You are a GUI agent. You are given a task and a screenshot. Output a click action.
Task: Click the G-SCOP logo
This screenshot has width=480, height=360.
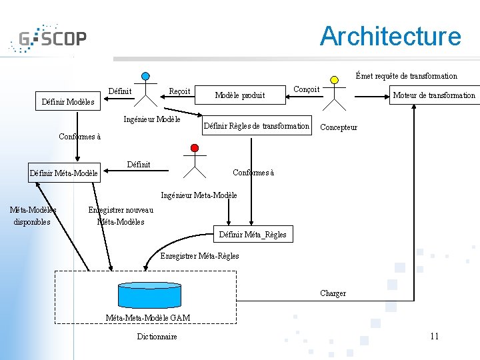[x=48, y=38]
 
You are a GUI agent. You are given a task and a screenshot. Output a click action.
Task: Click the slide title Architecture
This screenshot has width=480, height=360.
[x=390, y=36]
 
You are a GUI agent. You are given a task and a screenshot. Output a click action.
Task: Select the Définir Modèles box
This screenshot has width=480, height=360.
[x=68, y=101]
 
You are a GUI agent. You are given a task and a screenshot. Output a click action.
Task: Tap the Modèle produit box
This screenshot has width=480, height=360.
[x=240, y=95]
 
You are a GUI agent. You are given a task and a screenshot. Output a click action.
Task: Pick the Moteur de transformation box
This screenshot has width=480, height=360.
[x=435, y=95]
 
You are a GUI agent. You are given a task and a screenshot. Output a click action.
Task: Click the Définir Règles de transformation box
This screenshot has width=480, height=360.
[x=257, y=125]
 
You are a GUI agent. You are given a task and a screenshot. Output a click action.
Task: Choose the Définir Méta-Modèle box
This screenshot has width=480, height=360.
[x=64, y=173]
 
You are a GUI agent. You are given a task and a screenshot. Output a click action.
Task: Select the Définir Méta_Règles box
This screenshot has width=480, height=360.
[x=253, y=234]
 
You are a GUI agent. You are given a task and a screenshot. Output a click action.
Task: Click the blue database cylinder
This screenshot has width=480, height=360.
[x=150, y=295]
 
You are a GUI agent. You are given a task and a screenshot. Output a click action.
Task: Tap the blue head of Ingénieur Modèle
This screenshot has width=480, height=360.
[x=146, y=76]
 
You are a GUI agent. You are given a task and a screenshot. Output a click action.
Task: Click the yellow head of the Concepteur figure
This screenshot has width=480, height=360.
[x=334, y=80]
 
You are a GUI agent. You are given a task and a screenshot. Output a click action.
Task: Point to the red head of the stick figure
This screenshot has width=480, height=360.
[x=195, y=148]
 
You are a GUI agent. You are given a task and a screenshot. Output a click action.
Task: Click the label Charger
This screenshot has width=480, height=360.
[x=333, y=293]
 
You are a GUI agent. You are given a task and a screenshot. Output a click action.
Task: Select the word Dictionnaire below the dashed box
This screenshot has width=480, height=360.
[x=157, y=337]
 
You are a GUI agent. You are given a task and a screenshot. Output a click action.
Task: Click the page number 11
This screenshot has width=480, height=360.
[x=435, y=336]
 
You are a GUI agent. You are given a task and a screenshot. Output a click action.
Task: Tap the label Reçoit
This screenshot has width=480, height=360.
[x=180, y=91]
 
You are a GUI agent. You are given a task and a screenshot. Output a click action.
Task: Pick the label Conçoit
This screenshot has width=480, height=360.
[x=307, y=89]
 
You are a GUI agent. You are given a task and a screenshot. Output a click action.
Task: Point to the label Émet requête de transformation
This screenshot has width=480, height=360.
[x=407, y=75]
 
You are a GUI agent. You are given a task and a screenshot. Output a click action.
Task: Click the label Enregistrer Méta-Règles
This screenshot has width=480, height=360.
[x=199, y=255]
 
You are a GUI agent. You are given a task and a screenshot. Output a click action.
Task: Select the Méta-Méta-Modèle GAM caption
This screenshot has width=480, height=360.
[x=148, y=317]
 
